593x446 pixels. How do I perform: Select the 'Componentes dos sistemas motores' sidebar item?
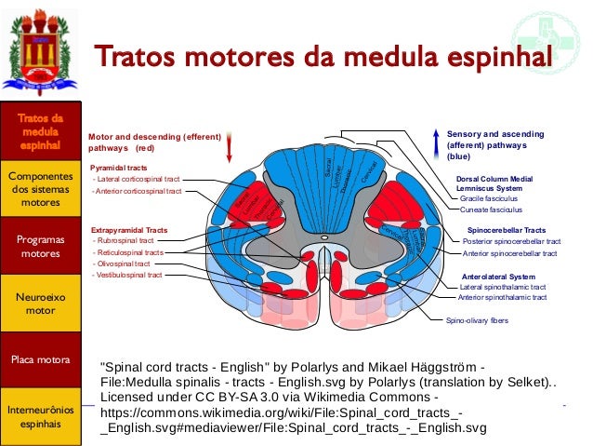(39, 189)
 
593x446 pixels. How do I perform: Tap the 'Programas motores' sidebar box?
(39, 246)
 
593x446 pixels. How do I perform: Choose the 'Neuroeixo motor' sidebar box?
(39, 302)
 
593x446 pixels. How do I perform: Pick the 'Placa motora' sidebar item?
(39, 358)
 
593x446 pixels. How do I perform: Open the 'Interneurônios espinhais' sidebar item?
(39, 416)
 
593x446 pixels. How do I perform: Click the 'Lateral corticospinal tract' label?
(136, 178)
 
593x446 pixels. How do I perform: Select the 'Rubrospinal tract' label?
(125, 240)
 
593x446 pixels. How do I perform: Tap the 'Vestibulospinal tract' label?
(129, 275)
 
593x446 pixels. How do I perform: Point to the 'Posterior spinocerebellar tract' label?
(510, 240)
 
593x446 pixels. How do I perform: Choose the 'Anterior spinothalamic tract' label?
(503, 297)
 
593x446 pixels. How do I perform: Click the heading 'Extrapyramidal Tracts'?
(129, 228)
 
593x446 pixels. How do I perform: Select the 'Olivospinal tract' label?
(125, 264)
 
